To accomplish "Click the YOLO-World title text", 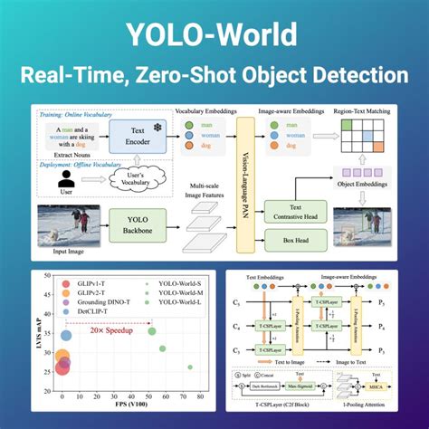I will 214,33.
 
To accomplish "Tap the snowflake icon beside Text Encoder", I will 157,129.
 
